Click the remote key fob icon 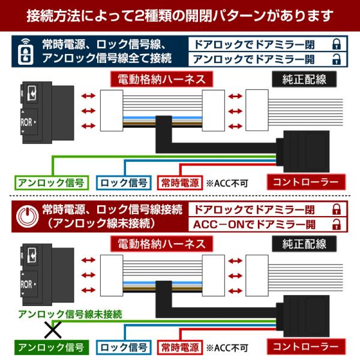click(25, 52)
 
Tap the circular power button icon click(27, 217)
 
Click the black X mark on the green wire click(53, 330)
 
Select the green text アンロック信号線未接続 click(70, 314)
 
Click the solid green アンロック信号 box click(52, 347)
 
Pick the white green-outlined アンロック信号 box click(52, 183)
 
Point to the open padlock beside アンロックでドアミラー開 click(337, 59)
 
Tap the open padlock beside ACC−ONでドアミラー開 click(337, 224)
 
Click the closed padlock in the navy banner click(337, 44)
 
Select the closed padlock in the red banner click(337, 209)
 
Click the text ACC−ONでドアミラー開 click(254, 224)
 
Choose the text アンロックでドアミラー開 click(254, 59)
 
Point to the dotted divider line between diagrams click(180, 196)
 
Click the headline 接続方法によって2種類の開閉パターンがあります click(180, 16)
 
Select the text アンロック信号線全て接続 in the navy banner click(107, 58)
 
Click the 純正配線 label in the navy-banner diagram click(304, 79)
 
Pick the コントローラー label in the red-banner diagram click(306, 347)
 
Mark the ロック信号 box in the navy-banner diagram click(124, 183)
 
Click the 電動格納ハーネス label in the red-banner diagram click(161, 244)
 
